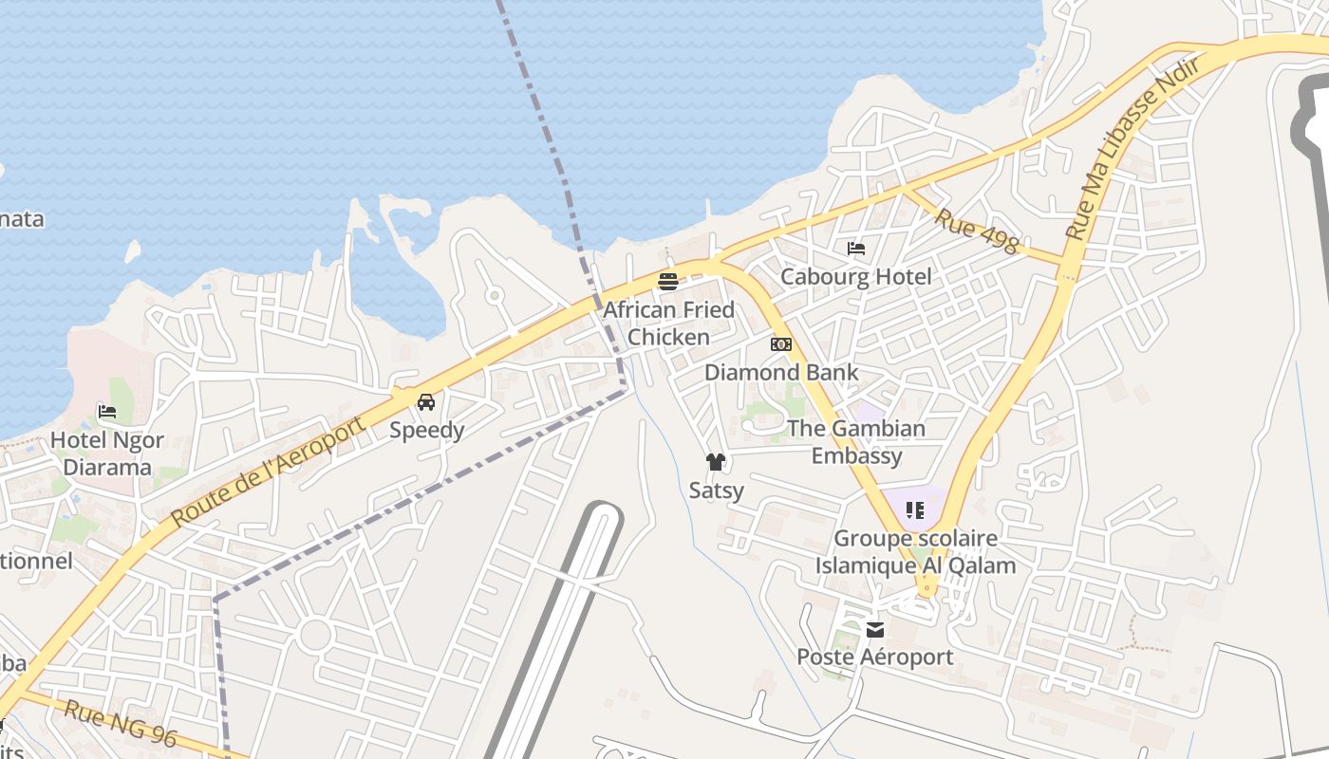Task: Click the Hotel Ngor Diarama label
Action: (x=107, y=454)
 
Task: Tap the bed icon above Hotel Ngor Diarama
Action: (x=107, y=412)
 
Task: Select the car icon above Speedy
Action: (x=426, y=402)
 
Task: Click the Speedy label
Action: (x=427, y=431)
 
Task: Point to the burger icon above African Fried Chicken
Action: (x=668, y=282)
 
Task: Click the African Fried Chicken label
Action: (x=669, y=324)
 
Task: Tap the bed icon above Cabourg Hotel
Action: (x=856, y=249)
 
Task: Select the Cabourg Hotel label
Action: (x=856, y=277)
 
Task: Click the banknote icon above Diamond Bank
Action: (x=781, y=344)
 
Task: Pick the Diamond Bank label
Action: (x=781, y=373)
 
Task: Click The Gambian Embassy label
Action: (x=856, y=442)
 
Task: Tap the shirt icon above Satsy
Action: (x=716, y=462)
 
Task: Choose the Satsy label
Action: (x=717, y=491)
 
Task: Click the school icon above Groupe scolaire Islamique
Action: (x=915, y=510)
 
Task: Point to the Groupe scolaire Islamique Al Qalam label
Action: (x=915, y=552)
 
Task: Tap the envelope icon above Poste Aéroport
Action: (x=875, y=629)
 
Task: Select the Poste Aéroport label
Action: (x=875, y=657)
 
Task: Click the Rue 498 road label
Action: (x=976, y=231)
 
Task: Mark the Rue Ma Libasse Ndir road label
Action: (x=1132, y=146)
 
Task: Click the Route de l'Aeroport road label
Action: (x=270, y=472)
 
